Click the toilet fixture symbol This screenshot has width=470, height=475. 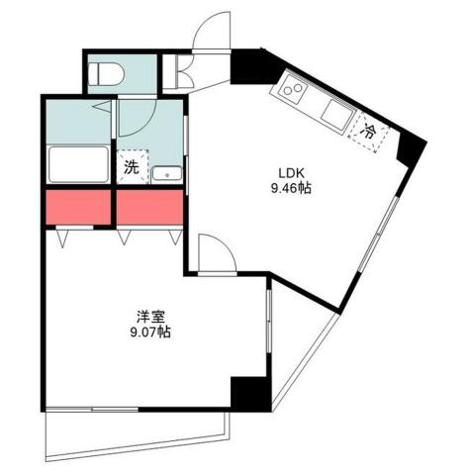pos(106,73)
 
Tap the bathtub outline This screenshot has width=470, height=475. pos(78,164)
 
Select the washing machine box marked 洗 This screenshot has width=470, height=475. pos(133,167)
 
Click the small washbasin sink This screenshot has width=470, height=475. pos(166,174)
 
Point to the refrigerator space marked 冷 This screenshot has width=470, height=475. pos(369,133)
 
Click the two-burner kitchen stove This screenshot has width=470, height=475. pos(293,88)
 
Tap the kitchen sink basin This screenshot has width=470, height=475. pos(337,114)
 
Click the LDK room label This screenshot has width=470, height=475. pos(291,172)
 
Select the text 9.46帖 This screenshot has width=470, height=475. pos(291,188)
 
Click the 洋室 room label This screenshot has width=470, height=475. pos(150,317)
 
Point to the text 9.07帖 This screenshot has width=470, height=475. pos(150,332)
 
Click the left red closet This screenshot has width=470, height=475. pos(78,207)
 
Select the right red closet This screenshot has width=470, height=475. pos(149,207)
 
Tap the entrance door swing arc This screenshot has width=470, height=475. pos(205,22)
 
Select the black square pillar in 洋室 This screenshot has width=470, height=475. pos(250,394)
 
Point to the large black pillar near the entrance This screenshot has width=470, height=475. pos(252,66)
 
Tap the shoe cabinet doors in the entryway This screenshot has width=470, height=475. pos(181,71)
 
